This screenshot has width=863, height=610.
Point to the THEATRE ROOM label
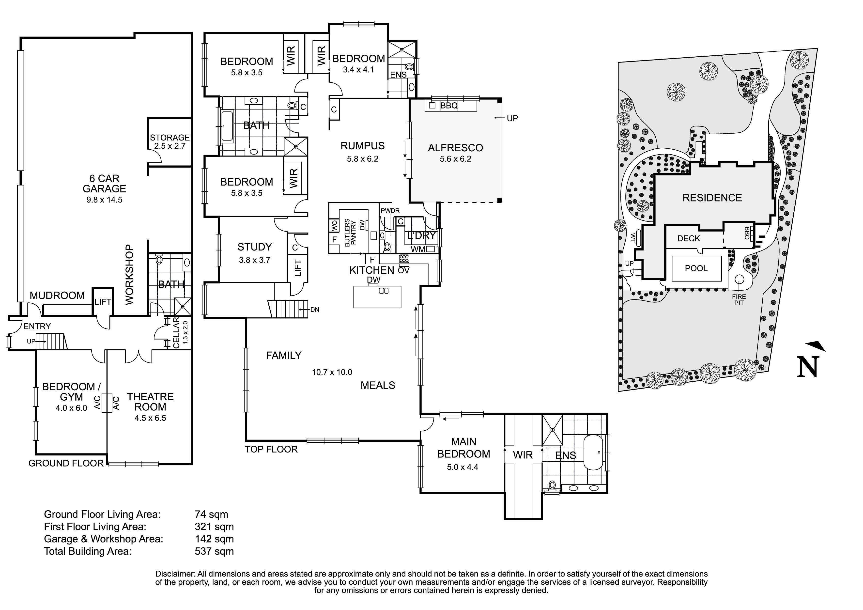pyautogui.click(x=150, y=402)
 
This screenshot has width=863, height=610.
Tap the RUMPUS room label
pyautogui.click(x=362, y=146)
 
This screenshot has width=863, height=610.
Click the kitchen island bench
pyautogui.click(x=377, y=297)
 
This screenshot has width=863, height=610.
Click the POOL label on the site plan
pyautogui.click(x=696, y=268)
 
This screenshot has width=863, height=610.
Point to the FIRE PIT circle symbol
pyautogui.click(x=739, y=279)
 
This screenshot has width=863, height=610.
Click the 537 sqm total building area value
pyautogui.click(x=214, y=551)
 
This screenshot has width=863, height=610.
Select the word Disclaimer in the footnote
pyautogui.click(x=175, y=574)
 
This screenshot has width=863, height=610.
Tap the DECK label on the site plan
pyautogui.click(x=689, y=238)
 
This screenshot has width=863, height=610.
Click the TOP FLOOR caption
pyautogui.click(x=271, y=449)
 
